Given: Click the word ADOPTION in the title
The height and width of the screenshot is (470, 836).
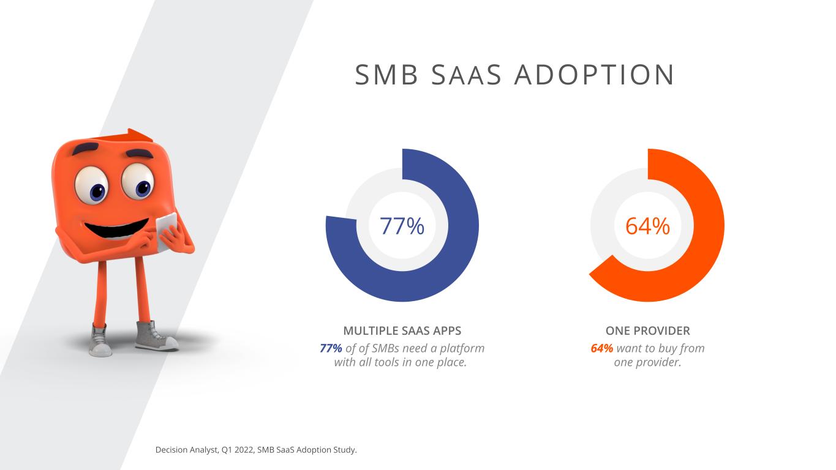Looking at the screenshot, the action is pos(595,75).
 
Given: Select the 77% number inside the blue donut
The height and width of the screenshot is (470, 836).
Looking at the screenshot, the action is pos(402,226).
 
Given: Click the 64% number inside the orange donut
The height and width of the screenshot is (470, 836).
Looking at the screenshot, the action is pos(647,226).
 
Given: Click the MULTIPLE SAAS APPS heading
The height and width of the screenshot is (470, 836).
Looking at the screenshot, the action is pos(402,331).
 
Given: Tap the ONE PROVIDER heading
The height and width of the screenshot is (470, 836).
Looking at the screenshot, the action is pos(647,331).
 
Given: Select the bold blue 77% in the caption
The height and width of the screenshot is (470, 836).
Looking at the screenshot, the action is pos(331,348).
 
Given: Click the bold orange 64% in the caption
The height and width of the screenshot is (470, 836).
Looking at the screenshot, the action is pos(601,348).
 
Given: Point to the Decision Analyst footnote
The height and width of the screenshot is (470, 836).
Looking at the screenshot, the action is pos(256,450).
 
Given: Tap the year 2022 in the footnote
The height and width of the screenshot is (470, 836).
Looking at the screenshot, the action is pos(244,450).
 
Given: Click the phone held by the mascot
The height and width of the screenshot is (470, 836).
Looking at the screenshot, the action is pos(166,231).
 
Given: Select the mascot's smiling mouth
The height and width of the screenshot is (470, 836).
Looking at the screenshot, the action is pos(116,228).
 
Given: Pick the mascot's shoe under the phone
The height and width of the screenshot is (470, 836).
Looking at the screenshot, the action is pos(155,337).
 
